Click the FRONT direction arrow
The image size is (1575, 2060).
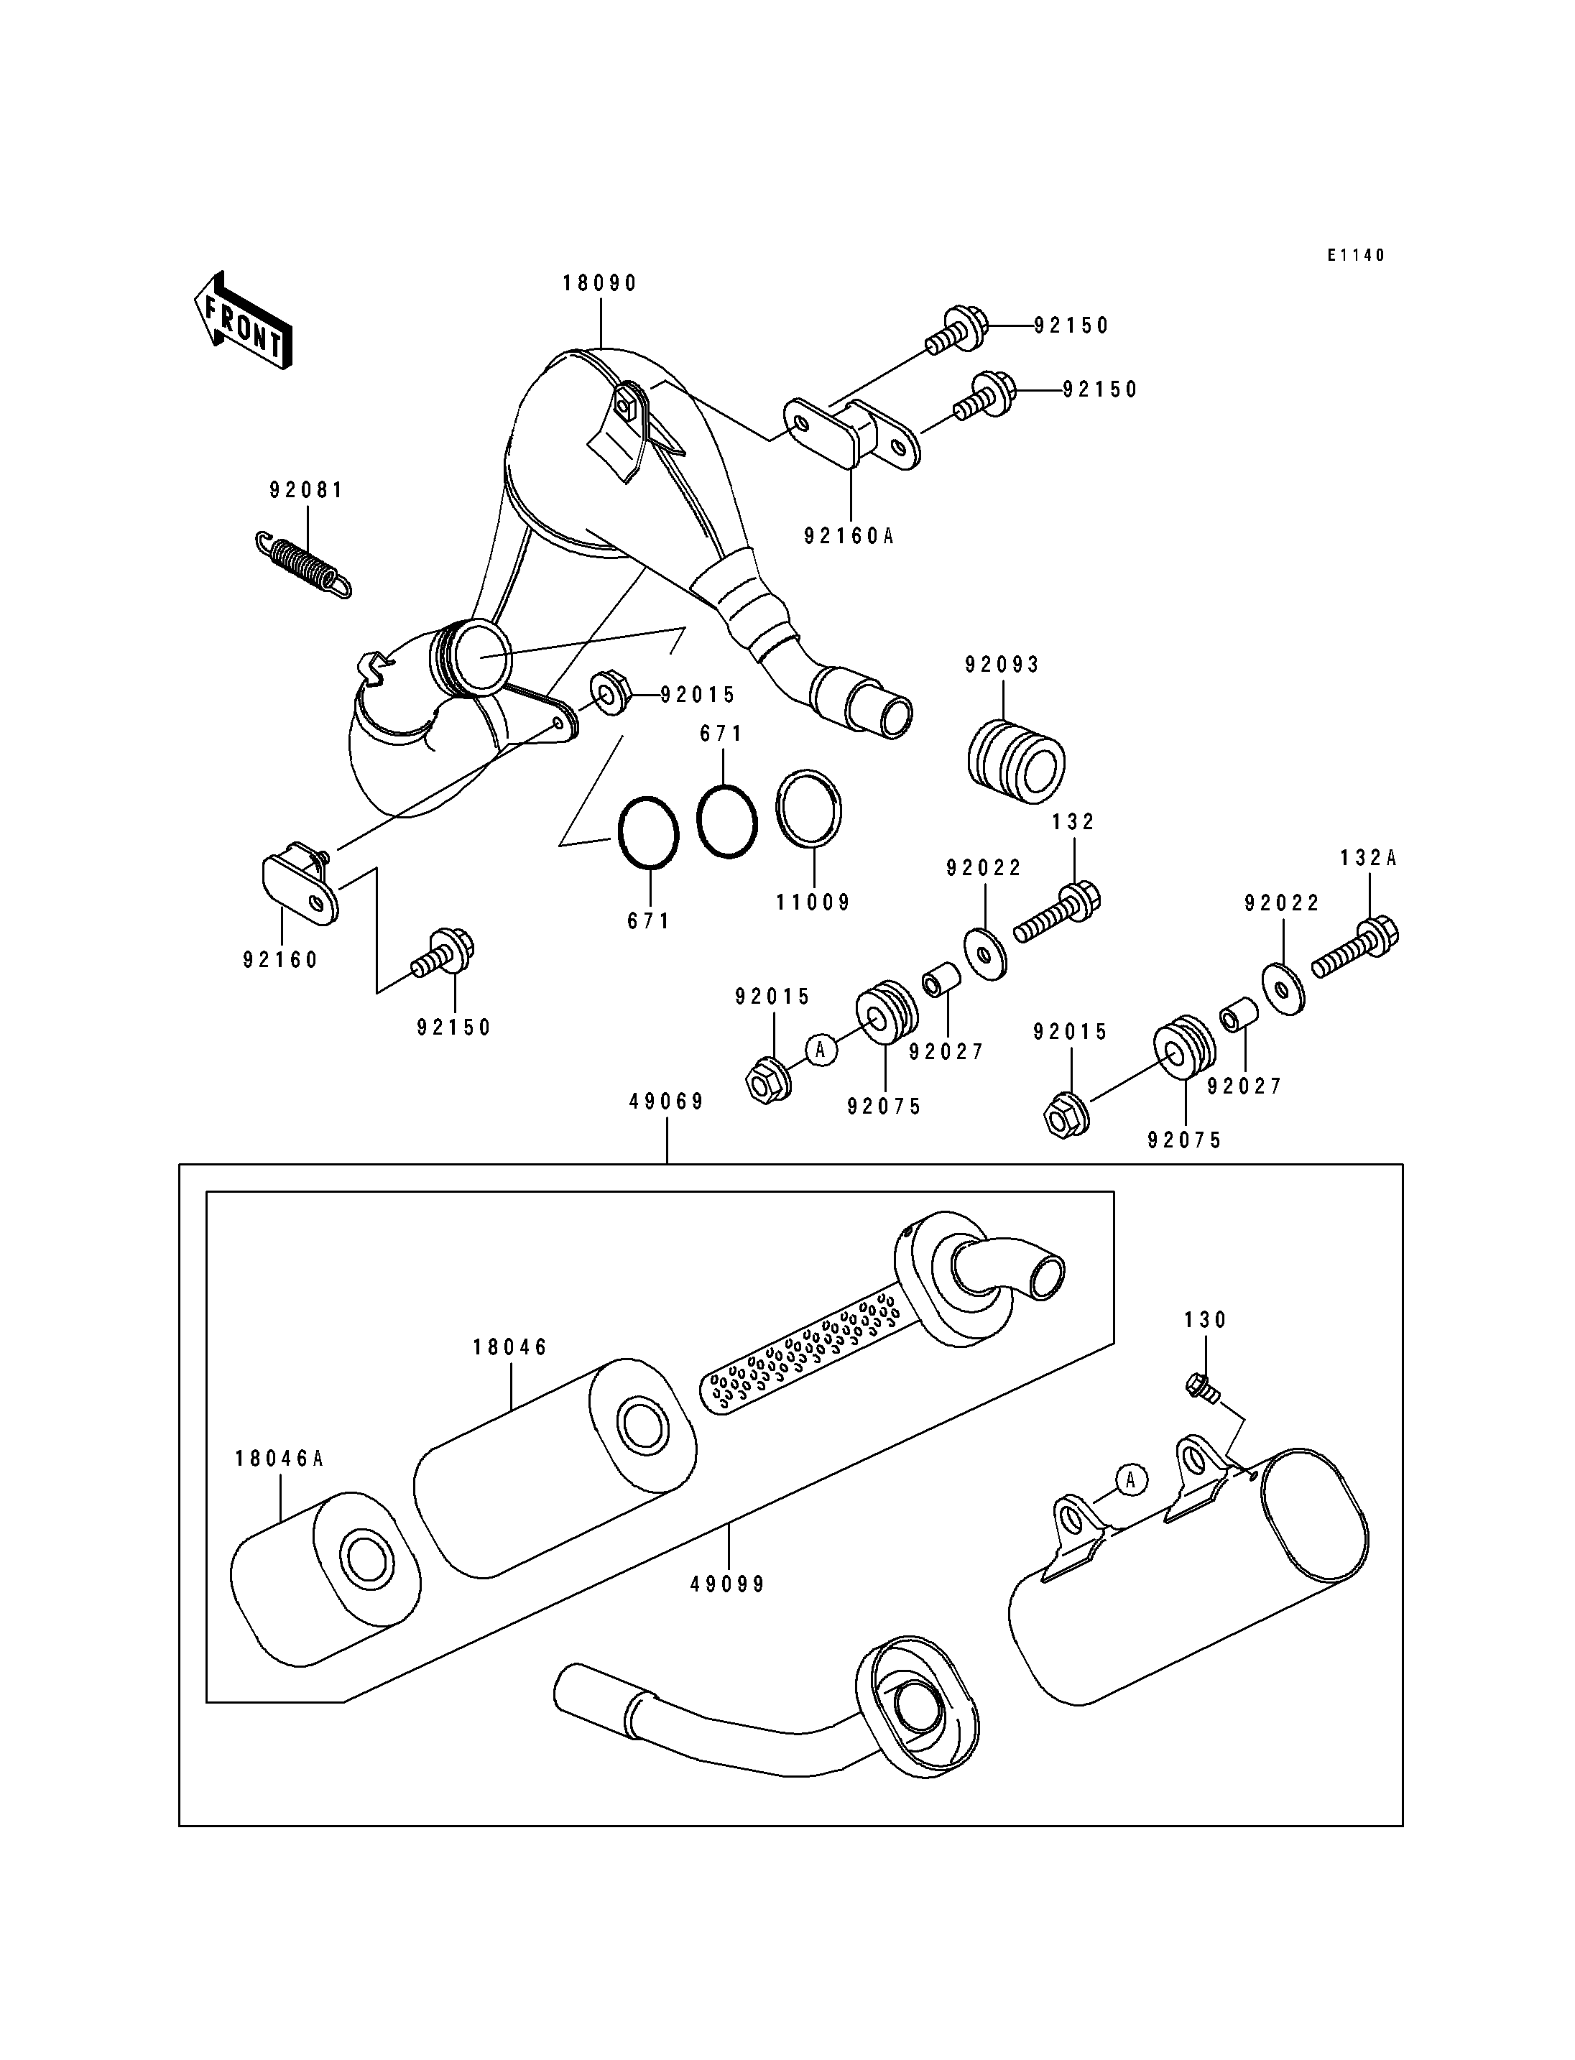pyautogui.click(x=243, y=323)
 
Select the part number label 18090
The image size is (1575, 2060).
pyautogui.click(x=600, y=283)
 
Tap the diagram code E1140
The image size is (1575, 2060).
pyautogui.click(x=1356, y=255)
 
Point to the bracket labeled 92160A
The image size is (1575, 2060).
pyautogui.click(x=851, y=433)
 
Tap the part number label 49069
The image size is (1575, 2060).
pyautogui.click(x=667, y=1101)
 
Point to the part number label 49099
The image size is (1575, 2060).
pyautogui.click(x=727, y=1584)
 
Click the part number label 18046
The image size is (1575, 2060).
pyautogui.click(x=510, y=1347)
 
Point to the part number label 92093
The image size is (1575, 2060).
pyautogui.click(x=1003, y=665)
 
